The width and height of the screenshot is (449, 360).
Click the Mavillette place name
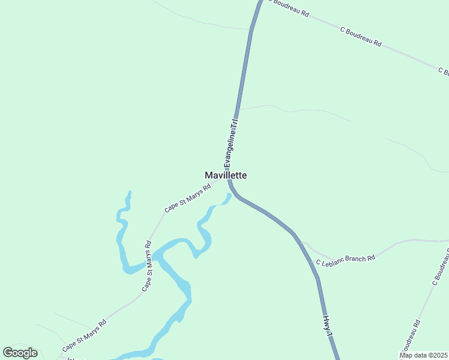click(226, 176)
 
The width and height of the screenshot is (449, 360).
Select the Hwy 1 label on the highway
click(328, 325)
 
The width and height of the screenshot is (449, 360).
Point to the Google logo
click(20, 353)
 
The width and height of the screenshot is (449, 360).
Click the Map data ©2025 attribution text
click(424, 355)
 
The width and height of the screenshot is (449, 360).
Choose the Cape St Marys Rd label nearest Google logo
click(85, 335)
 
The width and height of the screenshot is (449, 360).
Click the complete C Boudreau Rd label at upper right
click(361, 36)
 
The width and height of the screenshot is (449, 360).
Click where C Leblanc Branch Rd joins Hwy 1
click(302, 242)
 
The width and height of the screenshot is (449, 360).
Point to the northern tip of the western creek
click(129, 193)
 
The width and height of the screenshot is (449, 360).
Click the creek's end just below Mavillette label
click(229, 195)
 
